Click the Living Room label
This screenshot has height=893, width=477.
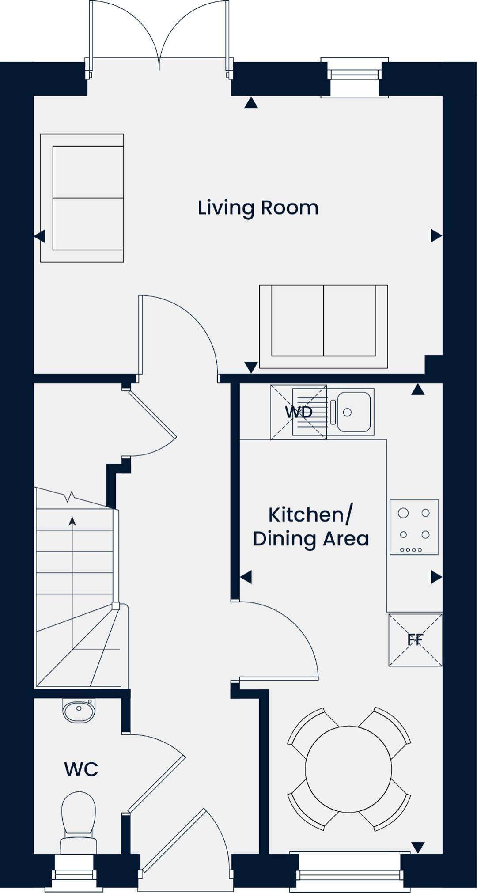coord(258,208)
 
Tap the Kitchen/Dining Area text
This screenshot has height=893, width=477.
coord(311,527)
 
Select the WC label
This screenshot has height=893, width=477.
coord(81,769)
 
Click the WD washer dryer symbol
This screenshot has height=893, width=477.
coord(299,412)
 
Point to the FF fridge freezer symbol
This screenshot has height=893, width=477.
coord(415,639)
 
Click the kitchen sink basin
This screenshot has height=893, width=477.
coord(354,412)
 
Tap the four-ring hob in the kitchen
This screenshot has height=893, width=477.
coord(414,527)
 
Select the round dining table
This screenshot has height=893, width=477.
coord(348,769)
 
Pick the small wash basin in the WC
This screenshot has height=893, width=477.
coord(79,710)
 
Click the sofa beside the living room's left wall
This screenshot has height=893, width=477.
coord(82,198)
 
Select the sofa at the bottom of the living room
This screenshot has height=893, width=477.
coord(323,326)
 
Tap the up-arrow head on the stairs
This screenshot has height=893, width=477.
coord(72,521)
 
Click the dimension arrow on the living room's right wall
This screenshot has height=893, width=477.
coord(436,236)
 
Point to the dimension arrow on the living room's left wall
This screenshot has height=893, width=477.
coord(40,236)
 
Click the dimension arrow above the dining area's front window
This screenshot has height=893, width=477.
coord(418,848)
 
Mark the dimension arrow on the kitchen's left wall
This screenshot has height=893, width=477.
coord(246,577)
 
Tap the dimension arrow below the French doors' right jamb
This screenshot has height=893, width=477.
coord(251,103)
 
